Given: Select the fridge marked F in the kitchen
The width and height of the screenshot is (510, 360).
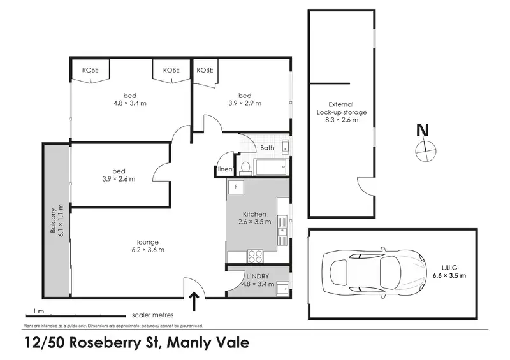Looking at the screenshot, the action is click(x=237, y=188).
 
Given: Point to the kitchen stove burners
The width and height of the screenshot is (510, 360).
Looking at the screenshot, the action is click(x=255, y=256).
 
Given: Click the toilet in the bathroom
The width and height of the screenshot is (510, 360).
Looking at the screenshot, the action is click(x=245, y=168).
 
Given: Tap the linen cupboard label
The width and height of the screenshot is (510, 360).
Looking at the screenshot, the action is click(x=224, y=170).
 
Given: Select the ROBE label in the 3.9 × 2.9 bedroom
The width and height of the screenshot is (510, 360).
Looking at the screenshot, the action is click(x=205, y=70).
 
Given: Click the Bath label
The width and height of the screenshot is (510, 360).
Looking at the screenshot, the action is click(x=267, y=148).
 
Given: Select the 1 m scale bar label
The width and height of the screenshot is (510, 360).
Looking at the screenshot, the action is click(x=38, y=312).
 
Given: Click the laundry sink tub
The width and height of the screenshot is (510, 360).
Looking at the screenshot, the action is click(x=282, y=287).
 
